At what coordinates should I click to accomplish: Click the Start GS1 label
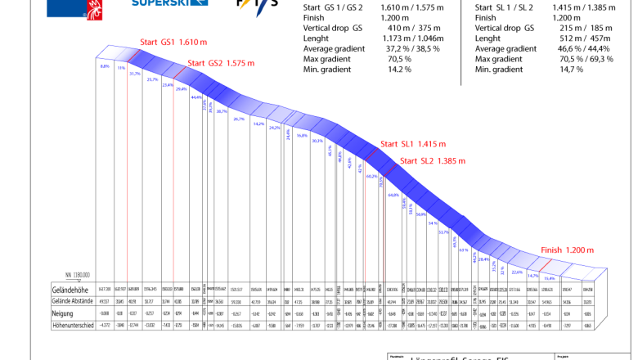[157, 42]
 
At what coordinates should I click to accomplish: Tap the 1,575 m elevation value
[240, 63]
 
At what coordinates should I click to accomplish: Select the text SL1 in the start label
[407, 144]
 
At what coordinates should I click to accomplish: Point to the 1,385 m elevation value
[451, 161]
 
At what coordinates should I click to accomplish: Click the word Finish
[551, 250]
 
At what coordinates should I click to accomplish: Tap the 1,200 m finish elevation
[580, 250]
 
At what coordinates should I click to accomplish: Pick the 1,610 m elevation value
[193, 42]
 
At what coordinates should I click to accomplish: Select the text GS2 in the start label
[215, 63]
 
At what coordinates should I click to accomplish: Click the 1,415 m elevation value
[432, 144]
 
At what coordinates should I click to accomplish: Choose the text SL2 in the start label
[426, 161]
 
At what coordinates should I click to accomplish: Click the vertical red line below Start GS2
[173, 180]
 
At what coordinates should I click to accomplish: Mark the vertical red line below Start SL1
[365, 221]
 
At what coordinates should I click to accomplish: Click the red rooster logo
[95, 9]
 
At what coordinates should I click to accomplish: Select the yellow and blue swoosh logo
[254, 7]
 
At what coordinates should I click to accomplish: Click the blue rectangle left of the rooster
[65, 8]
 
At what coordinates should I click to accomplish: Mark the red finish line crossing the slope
[544, 265]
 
